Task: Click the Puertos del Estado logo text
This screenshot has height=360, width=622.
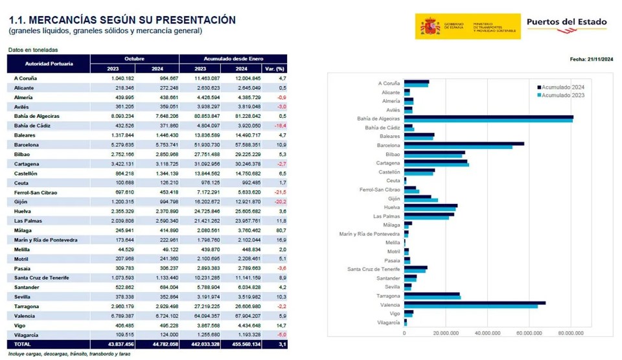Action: [x=566, y=23]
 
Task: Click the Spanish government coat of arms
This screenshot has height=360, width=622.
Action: [x=430, y=27]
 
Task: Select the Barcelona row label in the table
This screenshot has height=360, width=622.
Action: [x=27, y=145]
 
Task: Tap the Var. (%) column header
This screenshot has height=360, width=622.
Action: [x=275, y=69]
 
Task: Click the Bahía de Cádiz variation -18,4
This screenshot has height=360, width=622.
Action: [x=281, y=126]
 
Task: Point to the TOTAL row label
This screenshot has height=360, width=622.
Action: [x=23, y=344]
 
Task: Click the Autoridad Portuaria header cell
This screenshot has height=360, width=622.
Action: [x=49, y=63]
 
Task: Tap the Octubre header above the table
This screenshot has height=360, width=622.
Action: [x=134, y=59]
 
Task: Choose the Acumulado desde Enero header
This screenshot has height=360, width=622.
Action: [x=233, y=59]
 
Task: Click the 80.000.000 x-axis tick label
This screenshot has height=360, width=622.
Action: [x=570, y=333]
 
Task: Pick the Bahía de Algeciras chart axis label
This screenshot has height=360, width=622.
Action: [x=378, y=119]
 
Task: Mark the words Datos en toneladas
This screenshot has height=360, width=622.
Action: [x=33, y=50]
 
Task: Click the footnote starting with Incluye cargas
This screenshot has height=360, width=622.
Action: [x=69, y=354]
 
